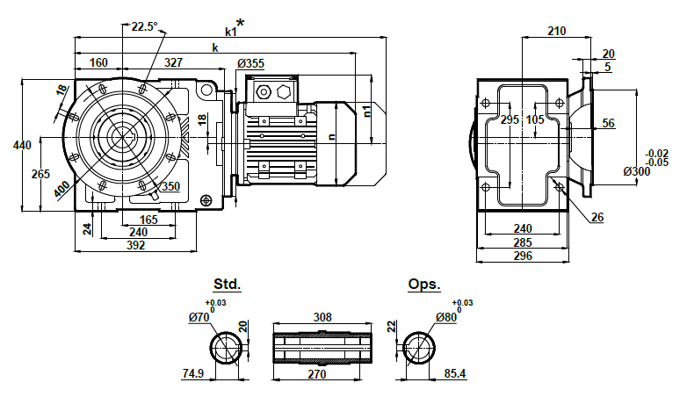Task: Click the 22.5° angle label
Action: pos(144,26)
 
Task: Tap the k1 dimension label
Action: pos(230,32)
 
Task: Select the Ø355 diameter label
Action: pos(250,63)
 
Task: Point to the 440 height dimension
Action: pos(10,145)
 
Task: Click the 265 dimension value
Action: pos(40,174)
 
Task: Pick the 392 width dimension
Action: pos(134,246)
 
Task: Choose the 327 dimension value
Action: pos(174,63)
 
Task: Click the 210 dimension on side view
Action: pos(556,31)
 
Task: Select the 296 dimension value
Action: pos(523,256)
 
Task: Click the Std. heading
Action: pos(227,285)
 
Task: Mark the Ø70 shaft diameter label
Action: pos(199,318)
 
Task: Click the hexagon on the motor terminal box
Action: pos(283,90)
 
